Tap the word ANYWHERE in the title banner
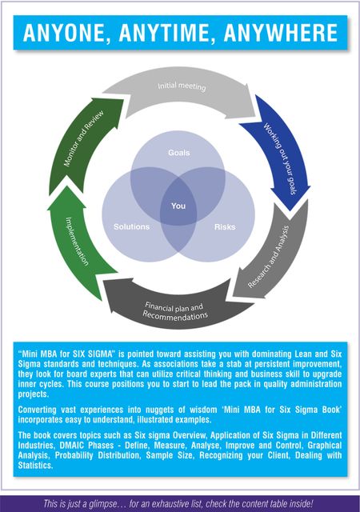[281, 33]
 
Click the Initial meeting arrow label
[182, 86]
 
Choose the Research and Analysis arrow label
[269, 257]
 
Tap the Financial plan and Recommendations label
[175, 311]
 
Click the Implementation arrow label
[77, 241]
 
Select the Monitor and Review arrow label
[83, 138]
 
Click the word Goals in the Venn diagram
[178, 153]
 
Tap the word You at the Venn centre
[178, 206]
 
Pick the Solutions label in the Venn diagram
[132, 226]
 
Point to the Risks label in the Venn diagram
[225, 226]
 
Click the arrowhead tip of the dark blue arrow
[290, 210]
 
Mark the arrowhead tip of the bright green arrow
[67, 186]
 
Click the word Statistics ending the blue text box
[35, 465]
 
